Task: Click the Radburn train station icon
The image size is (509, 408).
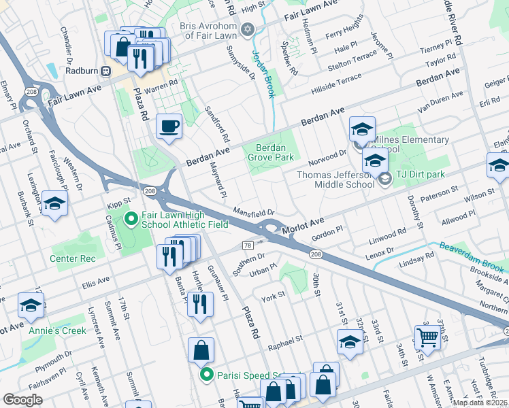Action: [106, 71]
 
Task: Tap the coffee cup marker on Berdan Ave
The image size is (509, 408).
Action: [169, 126]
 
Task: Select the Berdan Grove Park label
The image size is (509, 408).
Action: [275, 152]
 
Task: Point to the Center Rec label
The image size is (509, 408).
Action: [72, 258]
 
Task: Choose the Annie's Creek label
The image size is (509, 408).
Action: [57, 330]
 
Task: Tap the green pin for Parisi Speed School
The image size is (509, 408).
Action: [205, 375]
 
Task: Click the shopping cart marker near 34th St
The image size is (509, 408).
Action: [427, 337]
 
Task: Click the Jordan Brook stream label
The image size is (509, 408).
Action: [265, 74]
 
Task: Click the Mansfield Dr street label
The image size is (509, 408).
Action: [253, 211]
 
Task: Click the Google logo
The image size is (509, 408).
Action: [22, 400]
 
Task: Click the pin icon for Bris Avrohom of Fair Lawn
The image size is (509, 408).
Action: [248, 29]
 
